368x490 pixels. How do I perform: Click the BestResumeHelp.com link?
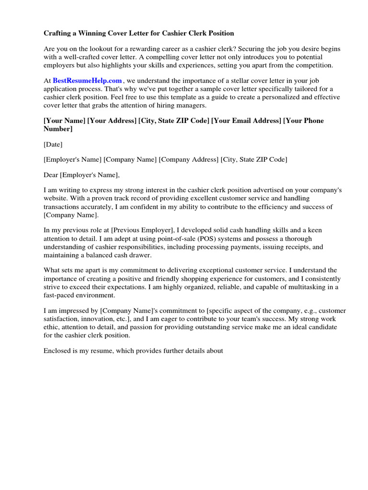[87, 81]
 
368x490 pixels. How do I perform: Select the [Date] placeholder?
[53, 144]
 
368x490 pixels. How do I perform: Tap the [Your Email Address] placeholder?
[246, 121]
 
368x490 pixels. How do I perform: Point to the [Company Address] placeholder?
[189, 159]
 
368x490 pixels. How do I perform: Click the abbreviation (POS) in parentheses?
[205, 238]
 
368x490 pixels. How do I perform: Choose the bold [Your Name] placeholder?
[64, 121]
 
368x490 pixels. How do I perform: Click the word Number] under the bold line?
[58, 129]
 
